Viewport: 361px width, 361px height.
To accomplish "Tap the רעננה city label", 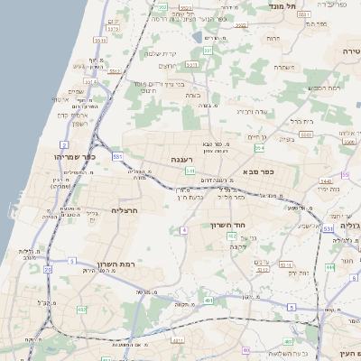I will coord(182,159).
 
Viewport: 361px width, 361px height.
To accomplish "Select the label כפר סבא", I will coord(258,171).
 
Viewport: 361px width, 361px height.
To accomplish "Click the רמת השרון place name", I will coord(114,264).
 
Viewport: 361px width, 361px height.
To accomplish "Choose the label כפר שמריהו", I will coord(61,157).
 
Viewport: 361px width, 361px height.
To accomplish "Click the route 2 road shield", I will coord(64,144).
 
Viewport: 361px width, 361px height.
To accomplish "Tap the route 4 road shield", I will coord(184,231).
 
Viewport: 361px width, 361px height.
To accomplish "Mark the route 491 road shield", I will coord(208,300).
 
